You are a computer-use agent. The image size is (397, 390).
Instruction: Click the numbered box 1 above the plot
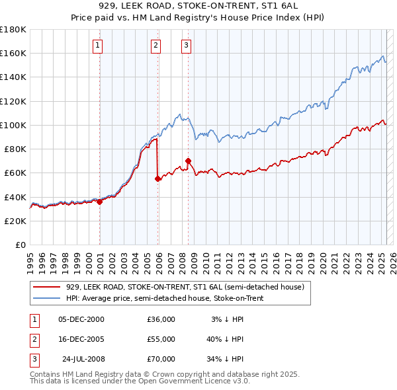coord(98,46)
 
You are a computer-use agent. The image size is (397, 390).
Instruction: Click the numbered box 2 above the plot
coord(155,46)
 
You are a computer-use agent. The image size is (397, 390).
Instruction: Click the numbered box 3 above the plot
coord(186,46)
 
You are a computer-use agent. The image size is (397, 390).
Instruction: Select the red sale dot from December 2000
coord(99,202)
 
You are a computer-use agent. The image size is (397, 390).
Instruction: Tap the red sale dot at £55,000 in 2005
coord(157,178)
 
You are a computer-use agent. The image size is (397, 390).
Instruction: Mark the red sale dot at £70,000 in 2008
coord(189,161)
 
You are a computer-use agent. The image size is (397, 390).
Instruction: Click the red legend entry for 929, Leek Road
coord(185,287)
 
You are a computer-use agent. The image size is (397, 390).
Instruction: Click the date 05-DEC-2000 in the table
coord(81,319)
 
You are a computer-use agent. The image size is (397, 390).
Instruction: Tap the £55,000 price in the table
coord(161,339)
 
